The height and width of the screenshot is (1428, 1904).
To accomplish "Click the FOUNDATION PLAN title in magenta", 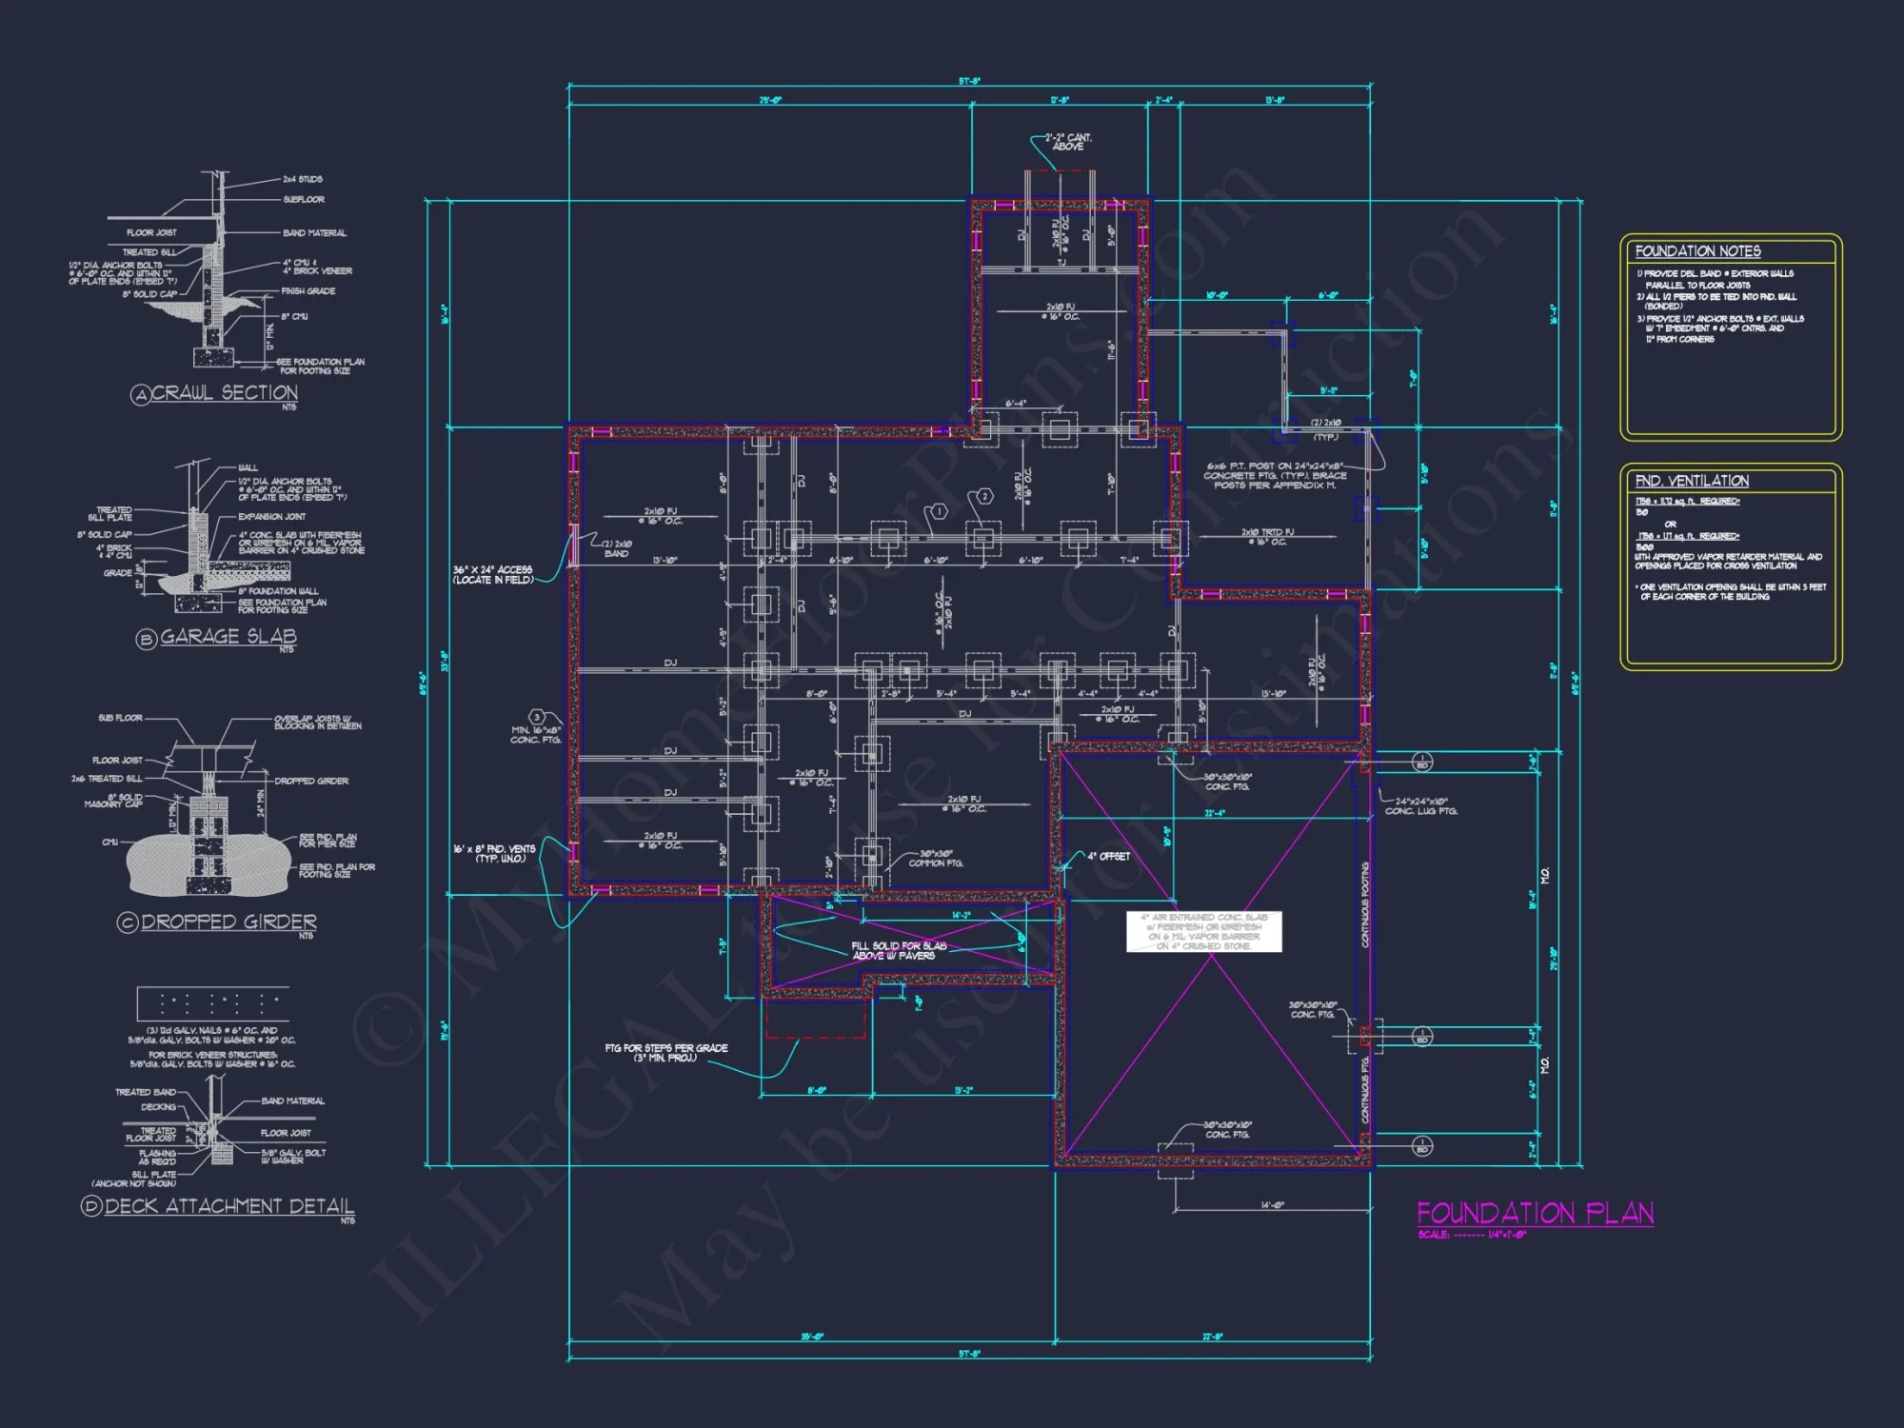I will click(1535, 1213).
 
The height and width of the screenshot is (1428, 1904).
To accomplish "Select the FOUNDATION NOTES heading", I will click(1697, 251).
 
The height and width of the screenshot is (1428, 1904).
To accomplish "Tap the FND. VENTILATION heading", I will click(1692, 481).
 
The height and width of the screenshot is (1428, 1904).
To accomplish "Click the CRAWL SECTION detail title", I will click(225, 392).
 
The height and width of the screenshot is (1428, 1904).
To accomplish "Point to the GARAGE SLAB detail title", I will click(228, 636).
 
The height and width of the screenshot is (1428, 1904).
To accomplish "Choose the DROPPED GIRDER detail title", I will click(228, 922).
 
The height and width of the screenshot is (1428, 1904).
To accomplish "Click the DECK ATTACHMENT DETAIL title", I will click(228, 1206).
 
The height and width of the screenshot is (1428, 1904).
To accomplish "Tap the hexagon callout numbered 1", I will click(939, 511).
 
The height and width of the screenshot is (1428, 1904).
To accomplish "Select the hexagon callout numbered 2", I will click(984, 496).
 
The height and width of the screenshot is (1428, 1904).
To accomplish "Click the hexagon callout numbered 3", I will click(537, 717).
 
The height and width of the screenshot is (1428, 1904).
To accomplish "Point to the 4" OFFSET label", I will click(1108, 856).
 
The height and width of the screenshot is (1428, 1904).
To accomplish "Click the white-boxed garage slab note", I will click(1204, 931).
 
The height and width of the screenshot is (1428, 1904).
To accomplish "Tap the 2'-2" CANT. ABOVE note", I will click(1068, 142).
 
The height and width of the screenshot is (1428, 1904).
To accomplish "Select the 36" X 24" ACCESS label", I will click(492, 574).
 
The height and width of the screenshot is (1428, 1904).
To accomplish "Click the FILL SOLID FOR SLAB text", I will click(898, 950).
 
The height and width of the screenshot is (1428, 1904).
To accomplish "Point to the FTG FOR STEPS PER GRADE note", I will click(665, 1052).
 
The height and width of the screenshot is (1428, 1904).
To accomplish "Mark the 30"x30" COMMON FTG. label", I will click(936, 858).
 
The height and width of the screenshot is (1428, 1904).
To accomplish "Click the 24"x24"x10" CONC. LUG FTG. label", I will click(1420, 805).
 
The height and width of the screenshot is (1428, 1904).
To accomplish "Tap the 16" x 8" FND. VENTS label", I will click(493, 853).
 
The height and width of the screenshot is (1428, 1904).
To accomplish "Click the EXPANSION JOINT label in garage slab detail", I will click(272, 516).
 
